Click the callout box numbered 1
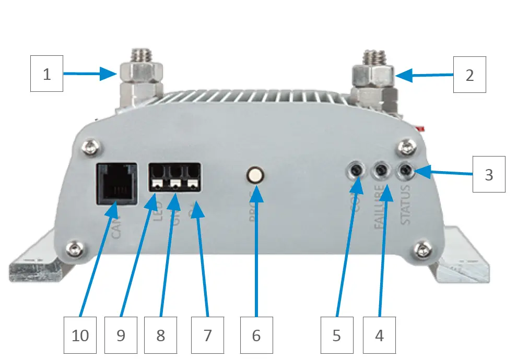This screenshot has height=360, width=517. (46, 75)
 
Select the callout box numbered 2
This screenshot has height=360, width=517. (469, 75)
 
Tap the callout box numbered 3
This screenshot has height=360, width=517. (489, 174)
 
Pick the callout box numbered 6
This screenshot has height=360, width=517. (256, 335)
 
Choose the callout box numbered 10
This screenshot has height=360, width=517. (80, 335)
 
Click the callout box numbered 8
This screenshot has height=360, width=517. (160, 335)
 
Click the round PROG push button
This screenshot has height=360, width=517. (255, 175)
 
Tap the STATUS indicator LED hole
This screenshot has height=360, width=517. (405, 170)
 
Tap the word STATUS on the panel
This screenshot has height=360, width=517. (405, 207)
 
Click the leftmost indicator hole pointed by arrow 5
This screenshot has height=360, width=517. (357, 170)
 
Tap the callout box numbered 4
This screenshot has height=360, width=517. (379, 335)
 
